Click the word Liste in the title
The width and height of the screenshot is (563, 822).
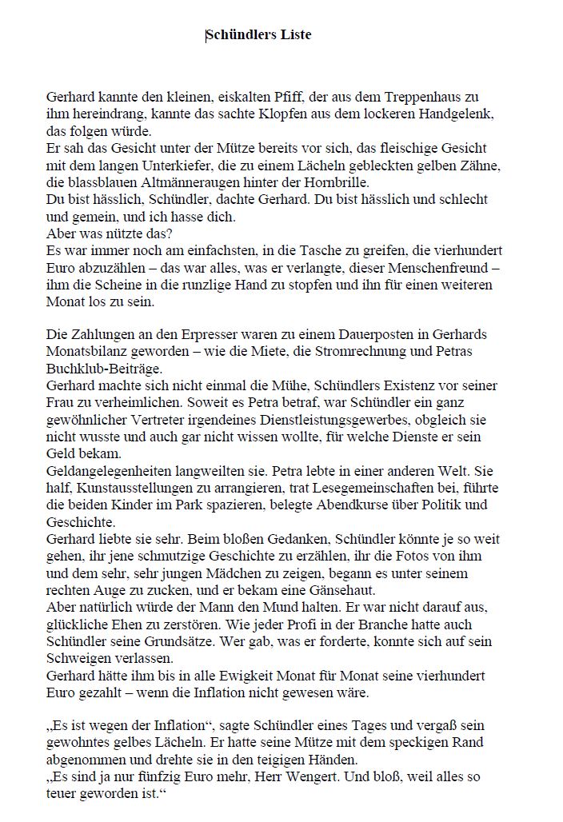coord(295,34)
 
